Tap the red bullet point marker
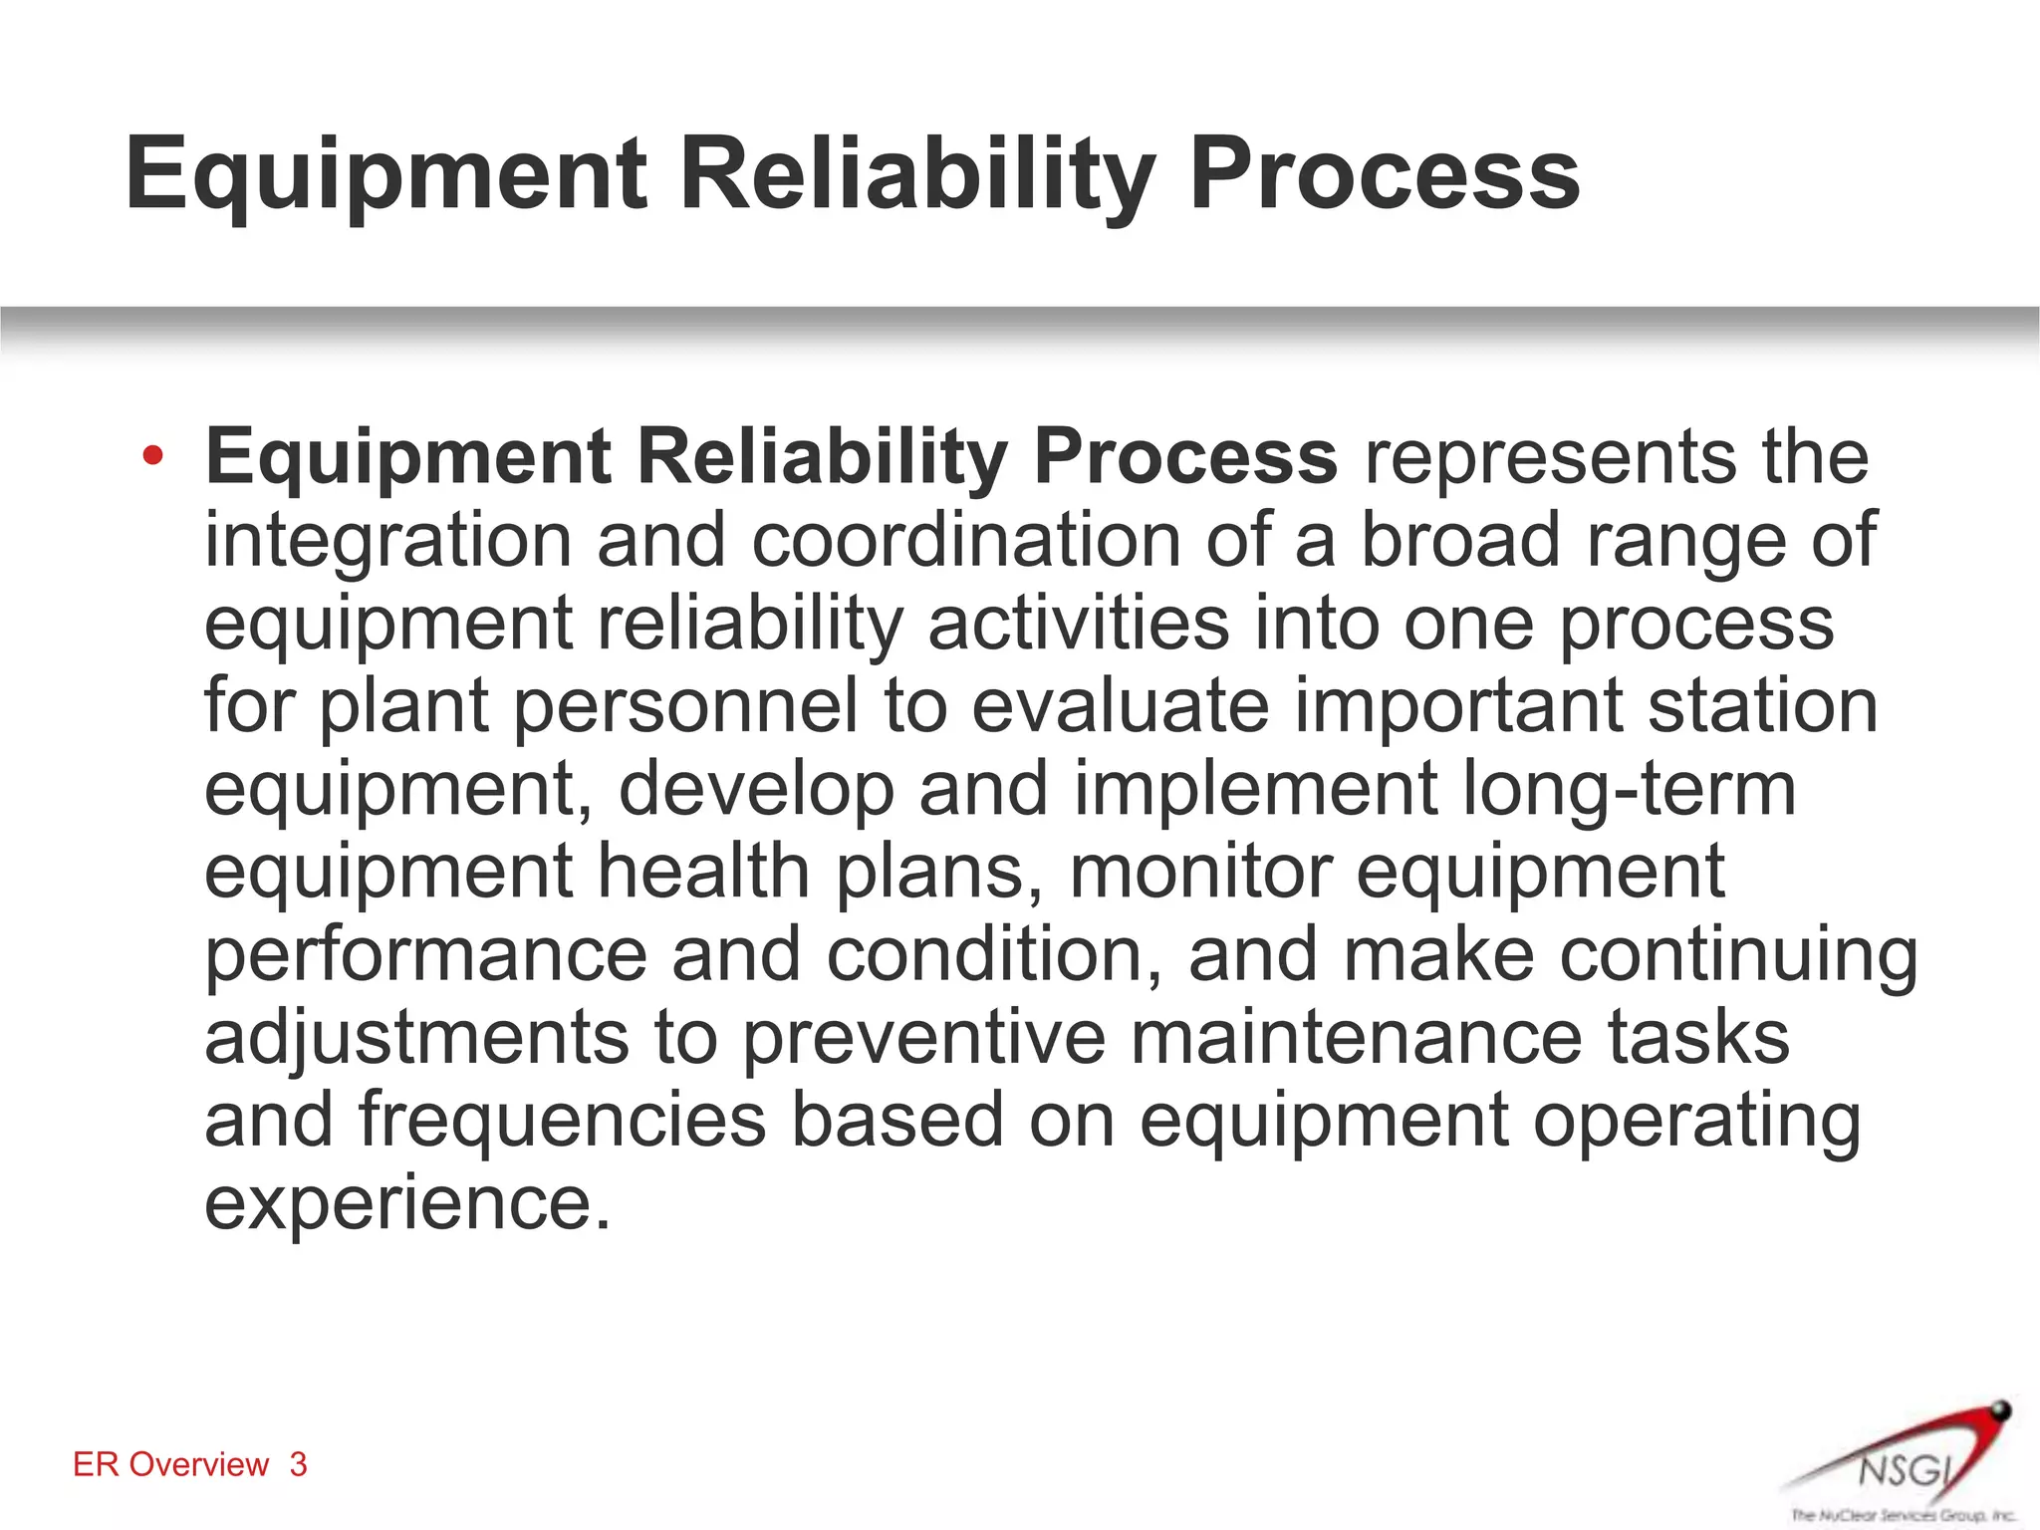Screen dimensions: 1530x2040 coord(151,457)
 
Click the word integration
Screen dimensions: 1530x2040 coord(387,541)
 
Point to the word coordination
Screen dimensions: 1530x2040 coord(964,541)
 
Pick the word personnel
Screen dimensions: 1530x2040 coord(685,706)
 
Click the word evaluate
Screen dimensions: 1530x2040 coord(1119,706)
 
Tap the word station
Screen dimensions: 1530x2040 coord(1762,706)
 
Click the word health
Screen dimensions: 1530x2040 coord(703,872)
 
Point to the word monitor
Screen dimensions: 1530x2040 coord(1200,872)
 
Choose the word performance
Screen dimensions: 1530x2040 coord(426,954)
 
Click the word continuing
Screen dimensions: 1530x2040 coord(1738,954)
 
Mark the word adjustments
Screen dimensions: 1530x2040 coord(416,1037)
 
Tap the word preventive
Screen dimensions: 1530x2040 coord(924,1037)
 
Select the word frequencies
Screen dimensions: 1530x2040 coord(562,1120)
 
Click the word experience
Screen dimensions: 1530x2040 coord(405,1203)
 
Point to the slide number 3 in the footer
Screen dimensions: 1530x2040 coord(298,1464)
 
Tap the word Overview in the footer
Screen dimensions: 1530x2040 coord(199,1464)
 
